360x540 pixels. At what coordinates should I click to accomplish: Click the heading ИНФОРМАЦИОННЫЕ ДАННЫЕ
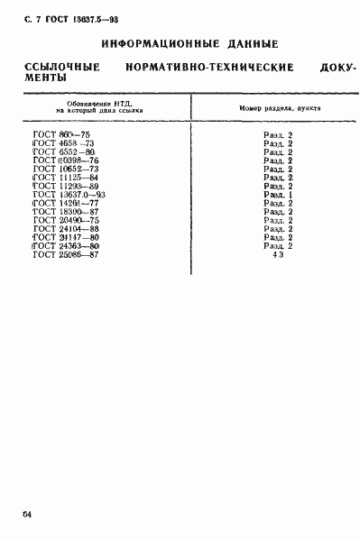tap(189, 43)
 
